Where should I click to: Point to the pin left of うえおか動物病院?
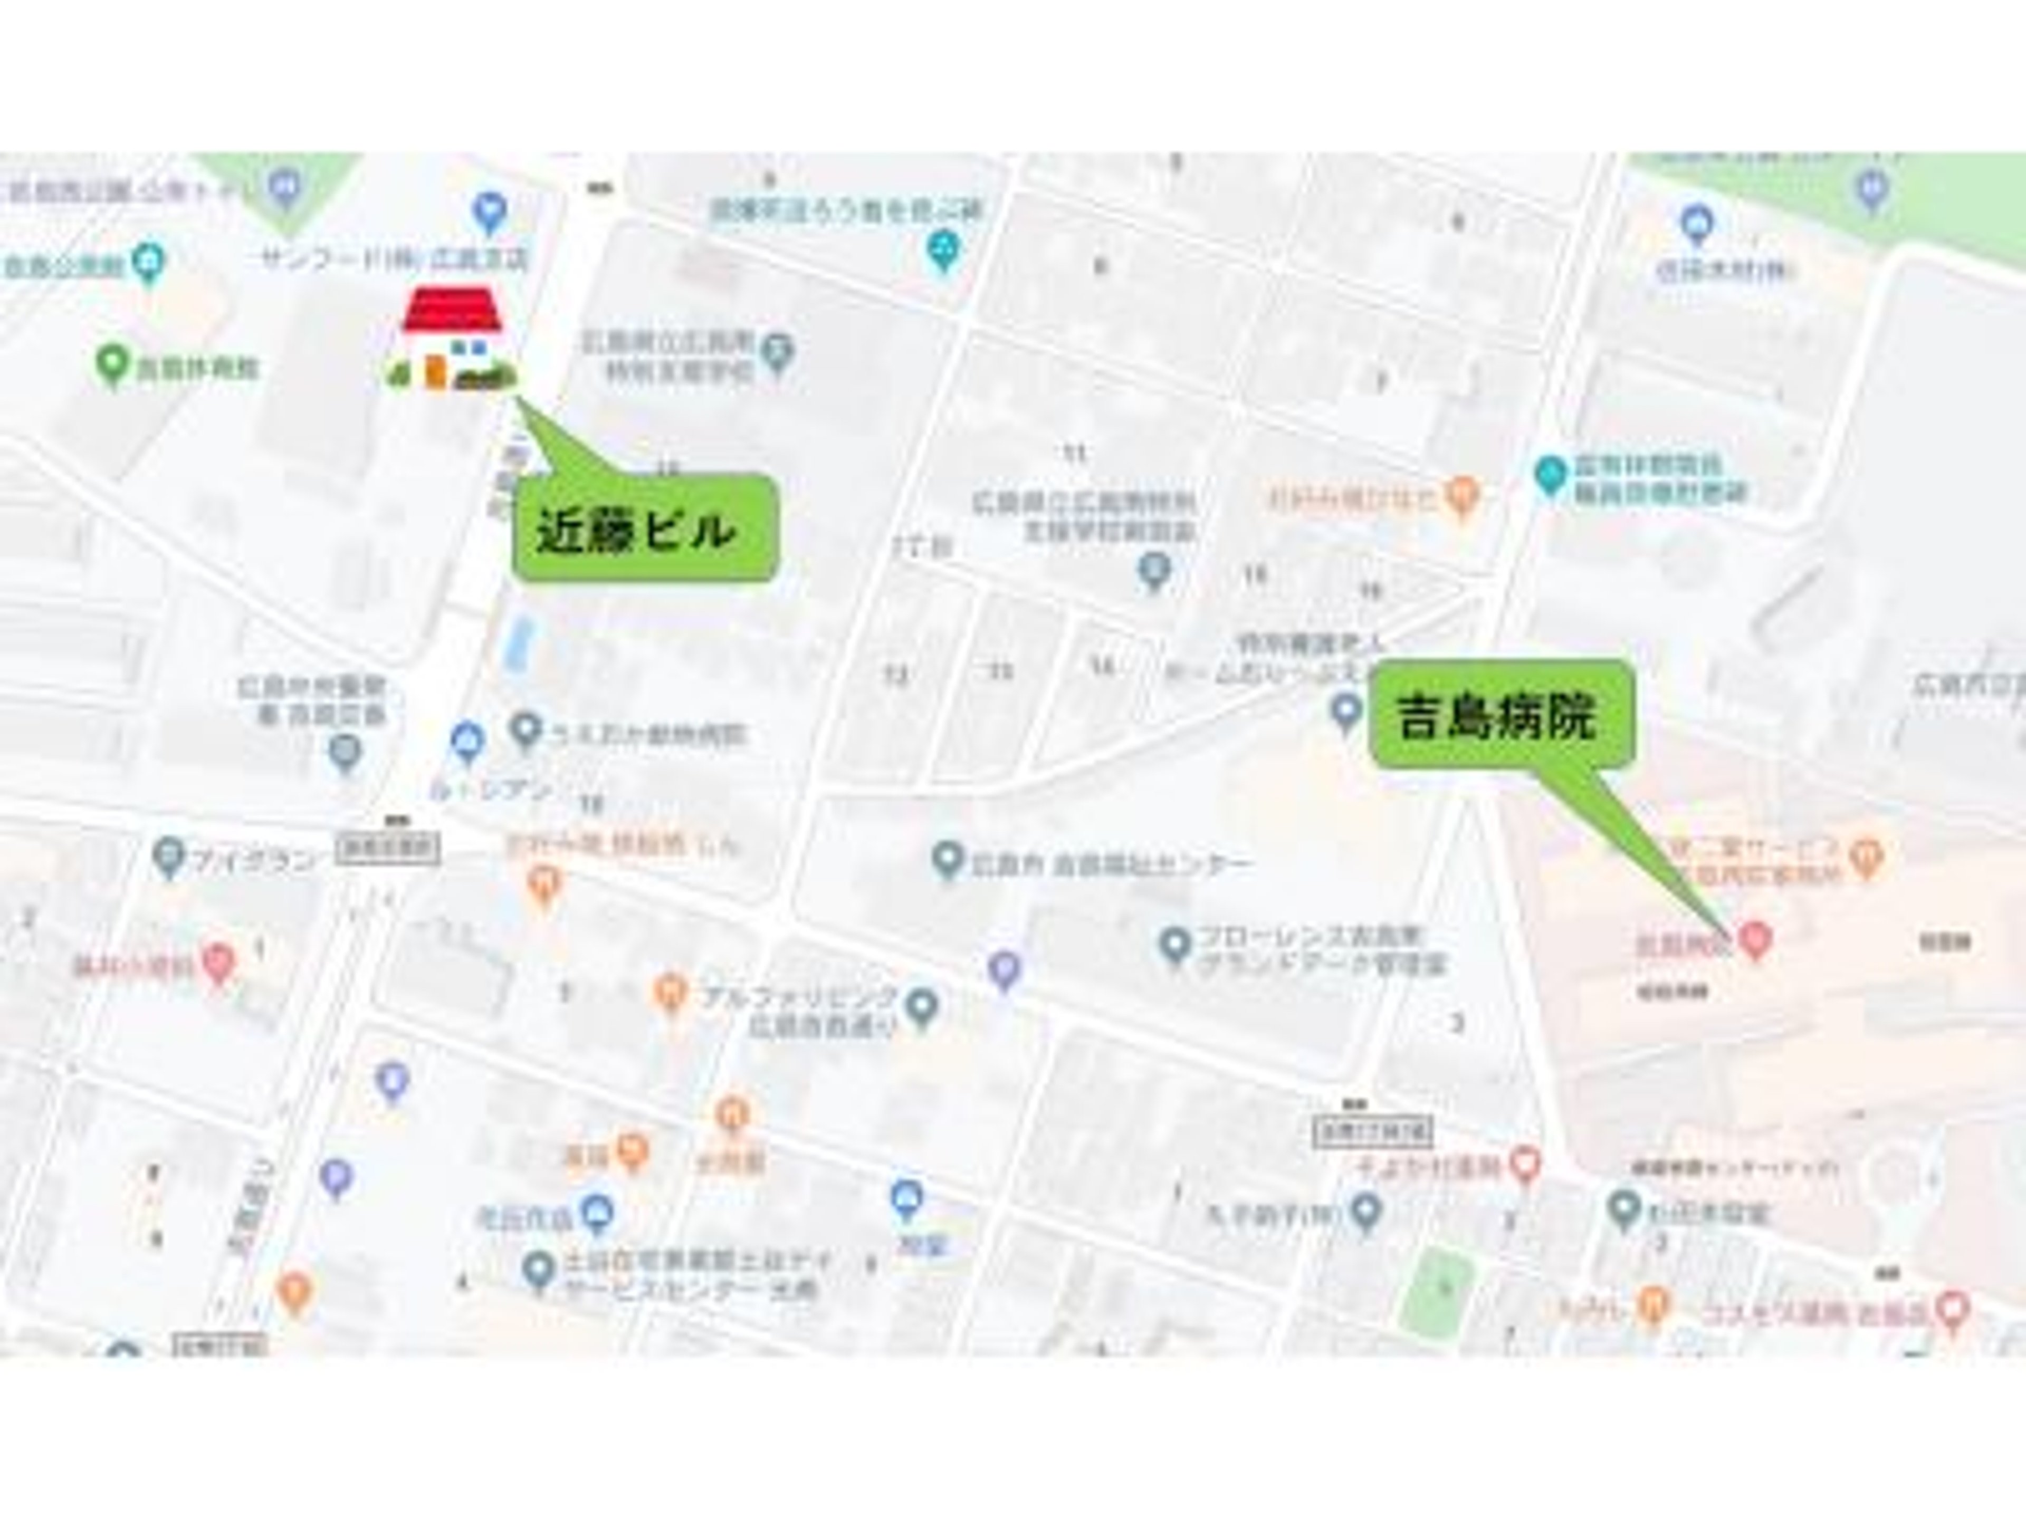(524, 730)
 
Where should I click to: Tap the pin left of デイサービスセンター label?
(539, 1270)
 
